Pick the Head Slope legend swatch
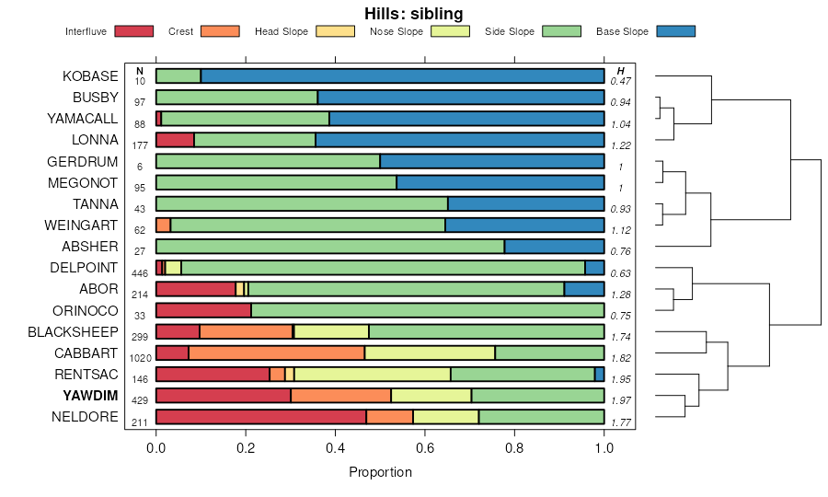click(x=336, y=31)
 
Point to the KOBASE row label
click(x=90, y=75)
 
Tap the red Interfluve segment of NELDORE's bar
click(x=260, y=417)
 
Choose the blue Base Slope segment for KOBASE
click(x=402, y=75)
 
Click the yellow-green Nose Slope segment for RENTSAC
click(x=372, y=374)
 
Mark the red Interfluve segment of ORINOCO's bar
click(x=203, y=310)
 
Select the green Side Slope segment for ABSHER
click(x=329, y=246)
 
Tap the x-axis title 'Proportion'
click(x=380, y=472)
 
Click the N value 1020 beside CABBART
click(x=140, y=359)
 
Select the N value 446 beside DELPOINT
click(x=140, y=273)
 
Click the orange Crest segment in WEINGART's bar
click(x=163, y=225)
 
